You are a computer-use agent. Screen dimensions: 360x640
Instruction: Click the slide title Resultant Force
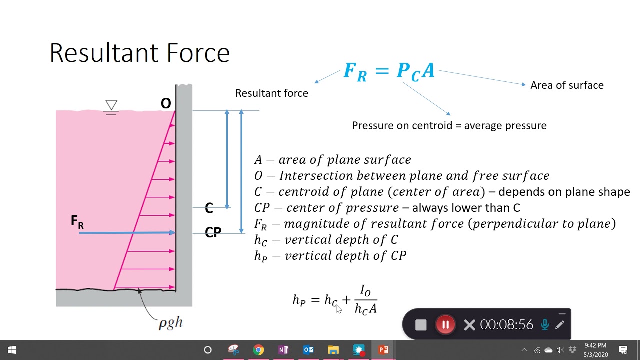pos(139,53)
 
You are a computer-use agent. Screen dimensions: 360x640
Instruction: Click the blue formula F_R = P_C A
pos(389,71)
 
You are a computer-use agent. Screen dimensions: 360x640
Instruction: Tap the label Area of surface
pos(567,85)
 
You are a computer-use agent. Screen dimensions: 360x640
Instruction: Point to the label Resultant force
pos(271,93)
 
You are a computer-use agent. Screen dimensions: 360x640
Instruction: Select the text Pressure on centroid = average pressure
pos(449,126)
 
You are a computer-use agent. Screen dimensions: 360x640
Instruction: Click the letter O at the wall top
pos(166,104)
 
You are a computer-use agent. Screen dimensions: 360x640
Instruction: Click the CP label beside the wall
pos(213,233)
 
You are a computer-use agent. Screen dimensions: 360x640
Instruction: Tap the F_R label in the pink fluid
pos(77,221)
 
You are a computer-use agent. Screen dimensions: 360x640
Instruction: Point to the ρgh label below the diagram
pos(170,323)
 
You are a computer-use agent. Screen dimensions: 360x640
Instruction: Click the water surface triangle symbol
pos(111,105)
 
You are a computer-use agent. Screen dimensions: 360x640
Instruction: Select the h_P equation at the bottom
pos(335,300)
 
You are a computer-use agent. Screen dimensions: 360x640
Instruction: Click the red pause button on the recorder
pos(445,325)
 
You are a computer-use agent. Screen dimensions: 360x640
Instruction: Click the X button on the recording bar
pos(469,325)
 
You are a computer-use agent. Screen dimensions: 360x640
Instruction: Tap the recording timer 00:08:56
pos(506,325)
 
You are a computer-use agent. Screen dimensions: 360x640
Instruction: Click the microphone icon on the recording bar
pos(545,325)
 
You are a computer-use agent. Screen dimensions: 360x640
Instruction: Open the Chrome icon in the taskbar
pos(258,350)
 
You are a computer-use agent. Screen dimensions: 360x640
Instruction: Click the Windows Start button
pos(12,350)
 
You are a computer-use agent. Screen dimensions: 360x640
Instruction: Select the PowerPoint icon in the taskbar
pos(383,350)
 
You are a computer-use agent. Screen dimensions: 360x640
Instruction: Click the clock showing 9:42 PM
pos(595,346)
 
